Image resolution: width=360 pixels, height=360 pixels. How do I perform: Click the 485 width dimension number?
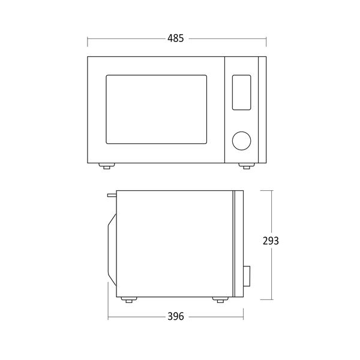(x=176, y=38)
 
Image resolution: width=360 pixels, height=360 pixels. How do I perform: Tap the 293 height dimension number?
(x=271, y=241)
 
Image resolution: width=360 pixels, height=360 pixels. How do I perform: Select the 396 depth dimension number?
(x=176, y=316)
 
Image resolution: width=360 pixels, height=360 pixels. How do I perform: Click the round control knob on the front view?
(x=241, y=141)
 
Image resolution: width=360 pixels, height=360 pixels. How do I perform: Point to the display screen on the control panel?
(x=241, y=92)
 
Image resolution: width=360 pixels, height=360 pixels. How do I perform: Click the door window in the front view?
(x=156, y=109)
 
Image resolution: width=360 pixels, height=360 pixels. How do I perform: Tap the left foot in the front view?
(x=107, y=166)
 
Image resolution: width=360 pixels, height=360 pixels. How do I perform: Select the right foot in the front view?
(x=247, y=166)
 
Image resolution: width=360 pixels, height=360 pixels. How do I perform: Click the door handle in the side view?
(x=112, y=249)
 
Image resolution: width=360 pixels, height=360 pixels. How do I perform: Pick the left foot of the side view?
(x=129, y=299)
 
